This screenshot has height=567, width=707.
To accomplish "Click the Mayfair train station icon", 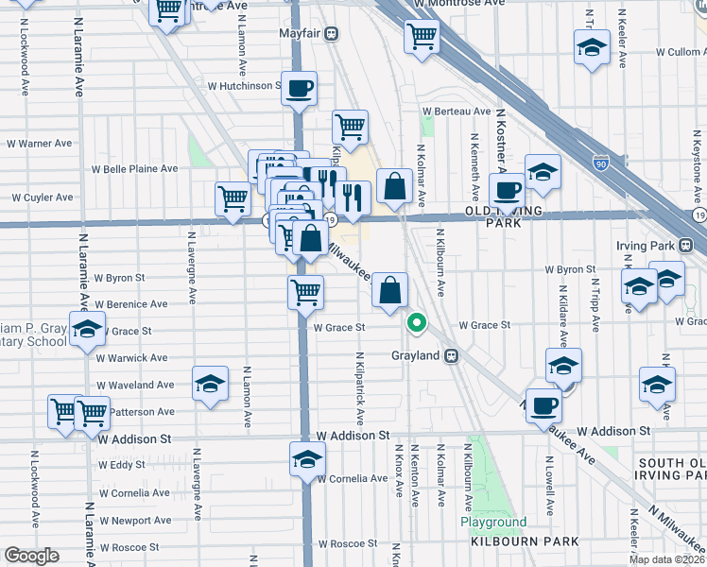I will [x=332, y=34].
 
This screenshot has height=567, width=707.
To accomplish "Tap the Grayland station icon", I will [x=453, y=356].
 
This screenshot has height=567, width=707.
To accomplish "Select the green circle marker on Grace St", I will [x=416, y=323].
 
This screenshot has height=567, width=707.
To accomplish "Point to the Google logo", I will [x=31, y=556].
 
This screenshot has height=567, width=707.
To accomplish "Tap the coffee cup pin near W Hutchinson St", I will [x=298, y=89].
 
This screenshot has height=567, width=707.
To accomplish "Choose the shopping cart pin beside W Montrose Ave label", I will [x=421, y=37].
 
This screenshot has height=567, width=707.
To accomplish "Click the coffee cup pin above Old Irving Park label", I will [x=508, y=189].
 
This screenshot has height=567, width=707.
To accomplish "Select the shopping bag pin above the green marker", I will [x=389, y=290].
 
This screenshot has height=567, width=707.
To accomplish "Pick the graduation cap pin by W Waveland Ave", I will [x=210, y=384].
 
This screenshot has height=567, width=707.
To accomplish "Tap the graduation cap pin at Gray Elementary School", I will [x=87, y=329].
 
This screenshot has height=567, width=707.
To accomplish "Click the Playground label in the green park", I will [x=492, y=522].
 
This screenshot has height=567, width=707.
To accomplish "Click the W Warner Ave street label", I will [x=40, y=144].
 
